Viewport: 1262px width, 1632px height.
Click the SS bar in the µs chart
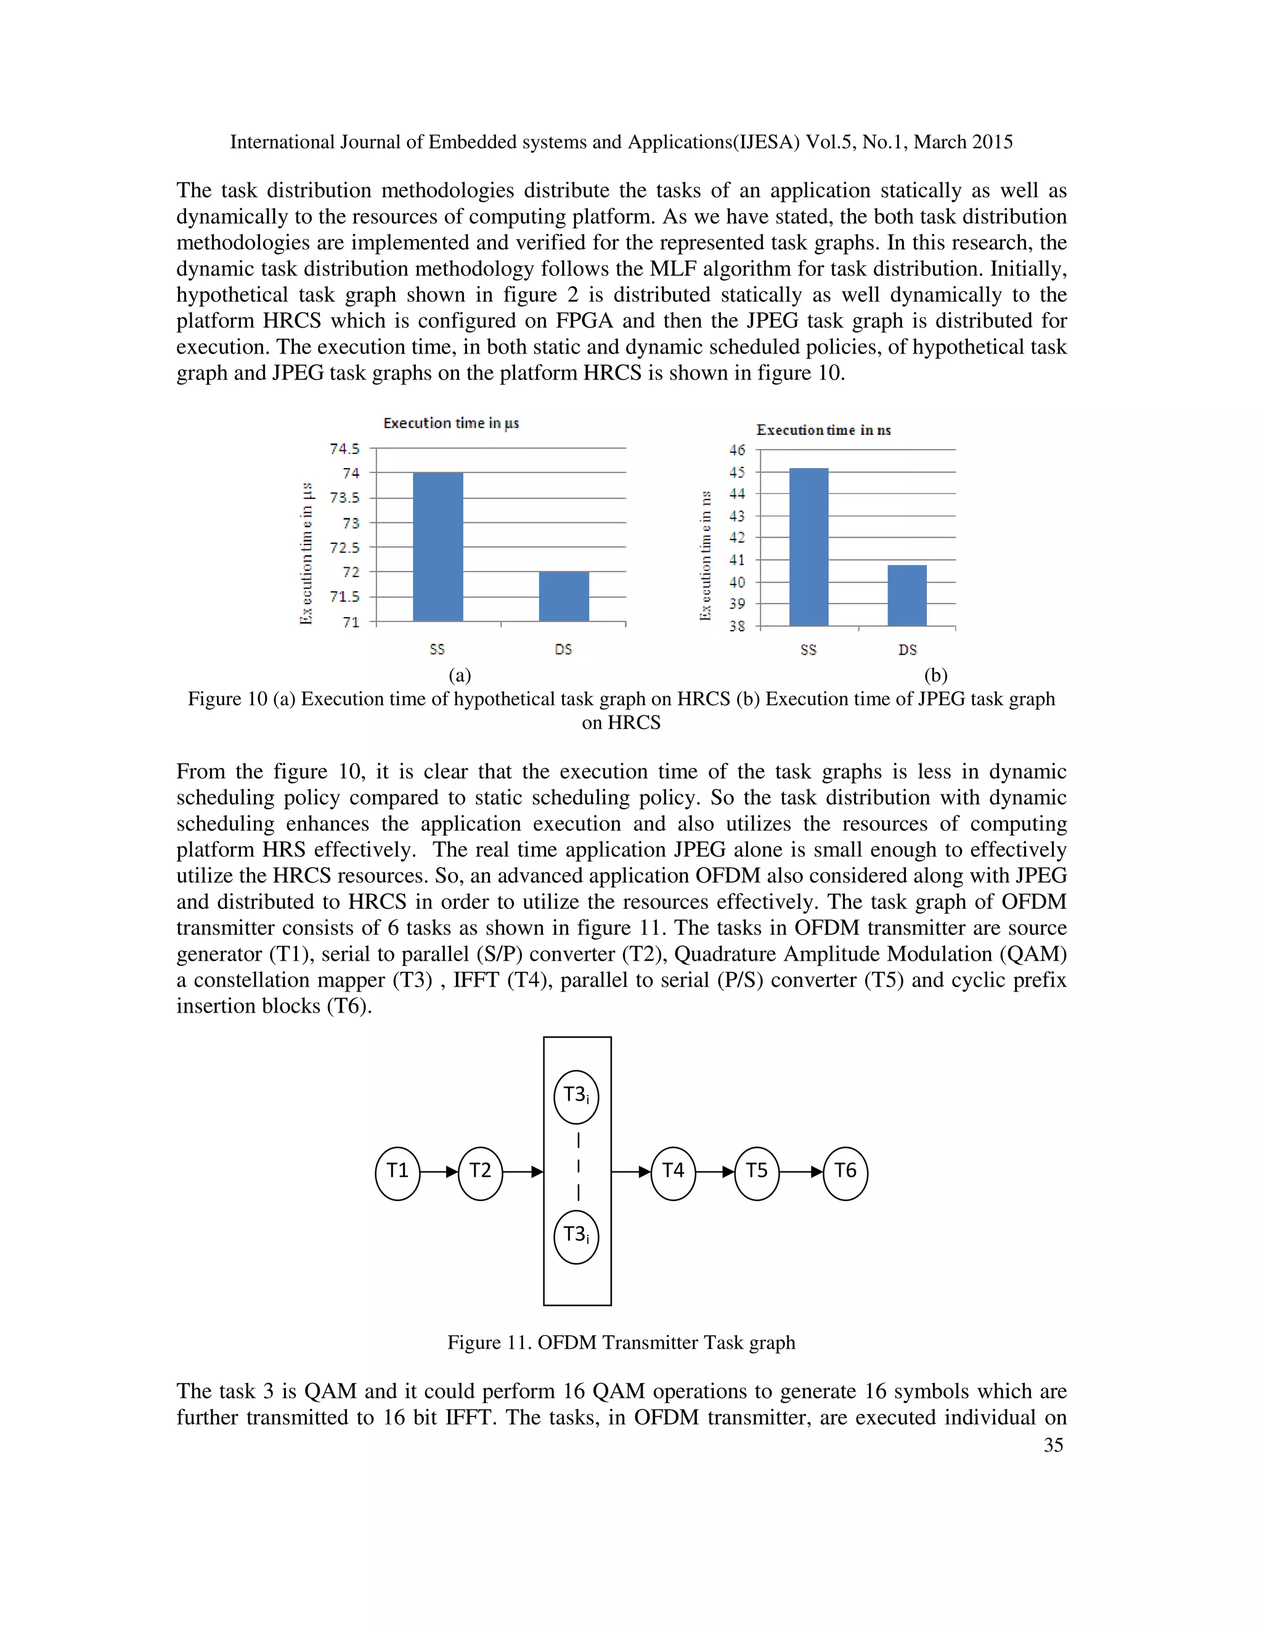(x=438, y=547)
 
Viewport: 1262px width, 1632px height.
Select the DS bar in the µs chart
(x=564, y=596)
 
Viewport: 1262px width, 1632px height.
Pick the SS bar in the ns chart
(x=808, y=547)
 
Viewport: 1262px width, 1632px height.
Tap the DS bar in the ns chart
(x=907, y=596)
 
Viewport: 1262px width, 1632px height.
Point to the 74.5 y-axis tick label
(x=344, y=448)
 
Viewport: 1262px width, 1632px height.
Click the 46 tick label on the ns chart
(x=737, y=450)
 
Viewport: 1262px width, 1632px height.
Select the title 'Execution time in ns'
(x=823, y=430)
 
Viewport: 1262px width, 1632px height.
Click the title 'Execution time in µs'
(x=451, y=423)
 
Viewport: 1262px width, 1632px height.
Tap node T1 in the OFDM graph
(x=397, y=1171)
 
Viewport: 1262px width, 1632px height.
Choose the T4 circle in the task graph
(x=673, y=1171)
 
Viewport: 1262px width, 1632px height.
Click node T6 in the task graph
(x=845, y=1171)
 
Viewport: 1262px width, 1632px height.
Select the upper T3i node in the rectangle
(x=576, y=1096)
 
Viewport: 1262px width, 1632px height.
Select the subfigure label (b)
(x=935, y=676)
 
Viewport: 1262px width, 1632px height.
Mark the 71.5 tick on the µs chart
(x=344, y=596)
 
